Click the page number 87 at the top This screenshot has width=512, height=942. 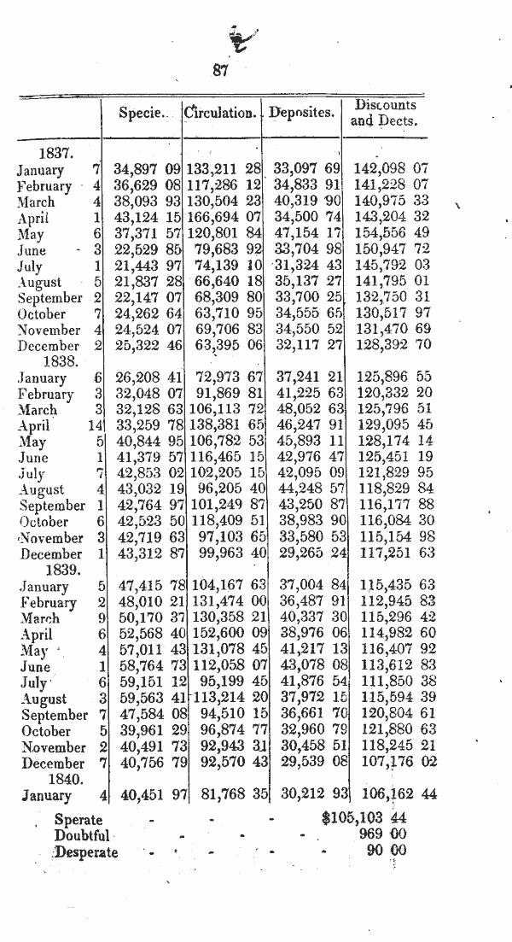click(220, 72)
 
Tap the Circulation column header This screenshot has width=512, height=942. click(221, 112)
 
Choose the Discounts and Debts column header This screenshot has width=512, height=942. click(385, 112)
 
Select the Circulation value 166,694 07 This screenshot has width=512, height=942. click(224, 219)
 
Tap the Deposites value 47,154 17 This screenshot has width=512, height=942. click(306, 235)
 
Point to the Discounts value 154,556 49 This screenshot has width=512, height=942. click(392, 235)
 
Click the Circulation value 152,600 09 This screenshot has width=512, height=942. click(224, 635)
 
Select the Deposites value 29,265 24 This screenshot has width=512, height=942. click(306, 554)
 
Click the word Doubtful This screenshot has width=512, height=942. click(82, 834)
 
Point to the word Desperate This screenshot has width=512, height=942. click(86, 851)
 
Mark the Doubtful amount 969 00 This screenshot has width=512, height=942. click(382, 834)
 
